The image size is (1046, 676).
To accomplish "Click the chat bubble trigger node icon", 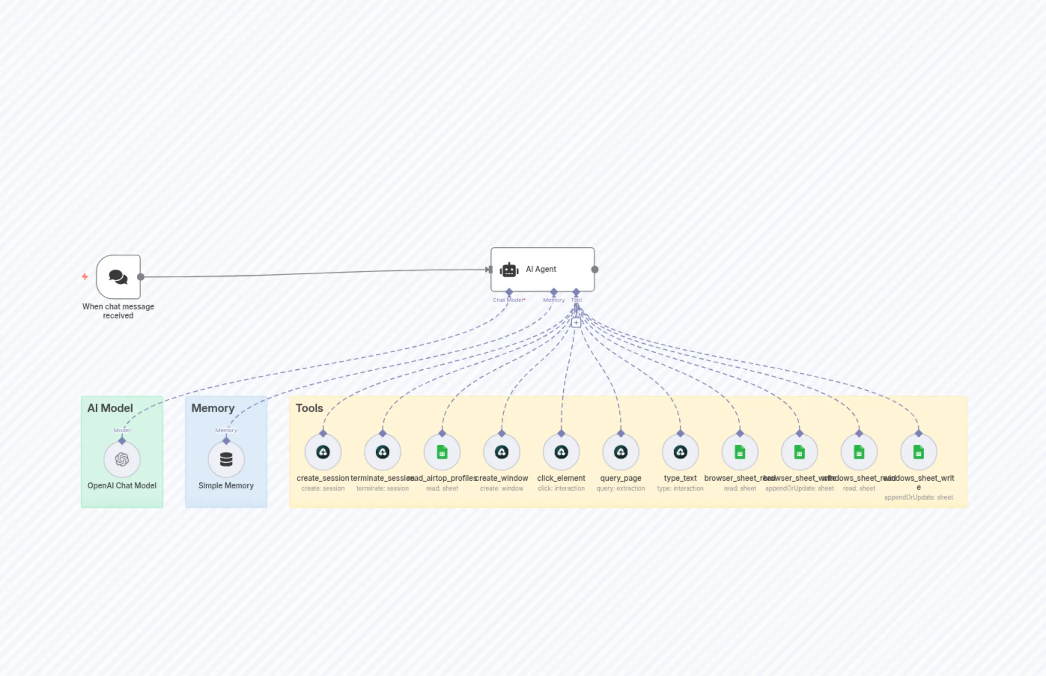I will coord(118,277).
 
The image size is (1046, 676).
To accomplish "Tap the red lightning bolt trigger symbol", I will coord(85,276).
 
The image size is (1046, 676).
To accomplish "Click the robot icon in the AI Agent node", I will coord(509,270).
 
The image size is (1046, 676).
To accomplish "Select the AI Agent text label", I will coord(541,269).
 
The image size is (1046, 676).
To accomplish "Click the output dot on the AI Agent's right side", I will coord(595,270).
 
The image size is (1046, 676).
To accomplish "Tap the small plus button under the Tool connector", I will coord(576,322).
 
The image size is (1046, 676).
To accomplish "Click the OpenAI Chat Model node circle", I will coord(122,459).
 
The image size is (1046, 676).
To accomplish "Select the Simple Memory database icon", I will coord(226,459).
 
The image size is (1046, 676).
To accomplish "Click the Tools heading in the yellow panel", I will coord(309,408).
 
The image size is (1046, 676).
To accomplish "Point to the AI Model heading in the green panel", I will coord(110,408).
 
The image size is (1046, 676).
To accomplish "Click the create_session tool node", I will coord(323,452).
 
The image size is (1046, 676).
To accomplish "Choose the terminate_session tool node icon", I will coord(383,452).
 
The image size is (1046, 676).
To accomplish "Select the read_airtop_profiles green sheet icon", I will coord(442,452).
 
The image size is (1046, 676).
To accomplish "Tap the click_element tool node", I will coord(561,452).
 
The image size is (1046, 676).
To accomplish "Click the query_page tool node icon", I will coord(620,452).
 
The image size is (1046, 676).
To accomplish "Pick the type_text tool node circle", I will coord(680,452).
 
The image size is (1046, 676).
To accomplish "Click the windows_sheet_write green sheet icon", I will coord(918,452).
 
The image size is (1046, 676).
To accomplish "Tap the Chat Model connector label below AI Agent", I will coord(508,300).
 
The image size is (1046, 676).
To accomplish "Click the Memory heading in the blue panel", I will coord(213,408).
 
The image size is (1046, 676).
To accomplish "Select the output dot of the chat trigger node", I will coord(141,277).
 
